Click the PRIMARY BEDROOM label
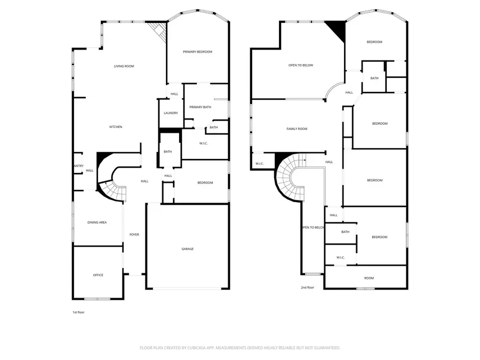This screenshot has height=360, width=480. click(197, 52)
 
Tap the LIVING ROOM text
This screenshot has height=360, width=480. click(124, 66)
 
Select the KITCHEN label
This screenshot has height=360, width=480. click(116, 127)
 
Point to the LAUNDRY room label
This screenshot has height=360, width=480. click(171, 113)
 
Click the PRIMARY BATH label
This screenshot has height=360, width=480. click(200, 107)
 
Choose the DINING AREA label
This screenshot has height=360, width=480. click(97, 222)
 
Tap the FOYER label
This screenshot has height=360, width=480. click(134, 235)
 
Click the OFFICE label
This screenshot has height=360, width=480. click(98, 275)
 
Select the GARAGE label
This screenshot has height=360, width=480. click(187, 249)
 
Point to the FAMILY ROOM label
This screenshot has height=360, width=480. click(297, 129)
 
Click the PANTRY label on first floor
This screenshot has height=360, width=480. click(78, 166)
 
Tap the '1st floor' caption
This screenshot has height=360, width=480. click(78, 312)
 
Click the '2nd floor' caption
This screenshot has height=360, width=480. click(307, 287)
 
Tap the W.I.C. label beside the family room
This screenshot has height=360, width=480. click(260, 164)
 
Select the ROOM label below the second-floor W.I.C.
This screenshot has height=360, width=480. click(369, 278)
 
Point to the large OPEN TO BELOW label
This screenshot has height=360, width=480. click(301, 65)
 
